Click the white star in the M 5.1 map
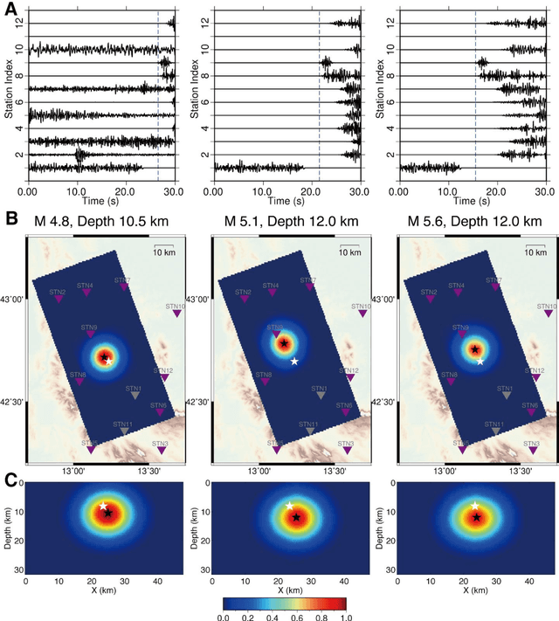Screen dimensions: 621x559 tap(294, 361)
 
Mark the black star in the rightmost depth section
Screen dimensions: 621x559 tap(477, 518)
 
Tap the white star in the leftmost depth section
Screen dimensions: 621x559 tap(103, 506)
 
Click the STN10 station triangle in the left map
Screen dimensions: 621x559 tap(177, 314)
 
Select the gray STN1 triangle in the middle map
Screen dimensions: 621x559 tap(320, 395)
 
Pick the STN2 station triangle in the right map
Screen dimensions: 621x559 tap(430, 299)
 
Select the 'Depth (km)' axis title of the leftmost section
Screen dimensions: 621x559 tap(8, 527)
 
